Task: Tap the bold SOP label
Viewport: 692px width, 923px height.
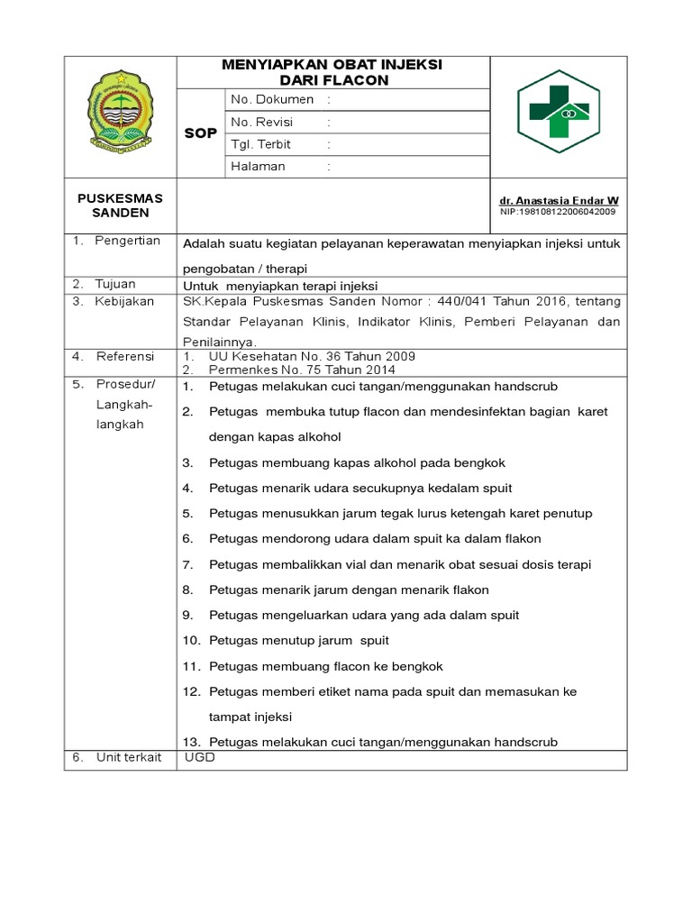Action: coord(200,133)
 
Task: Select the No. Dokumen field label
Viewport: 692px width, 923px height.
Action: coord(272,99)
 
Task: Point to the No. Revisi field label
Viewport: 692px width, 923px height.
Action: coord(262,122)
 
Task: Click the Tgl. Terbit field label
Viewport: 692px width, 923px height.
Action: coord(261,144)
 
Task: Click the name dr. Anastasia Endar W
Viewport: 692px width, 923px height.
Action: coord(559,200)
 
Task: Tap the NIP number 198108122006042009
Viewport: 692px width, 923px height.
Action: coord(558,212)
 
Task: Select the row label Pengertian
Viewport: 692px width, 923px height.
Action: coord(127,241)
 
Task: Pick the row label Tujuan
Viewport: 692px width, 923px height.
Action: coord(116,284)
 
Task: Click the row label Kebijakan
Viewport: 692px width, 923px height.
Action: coord(124,301)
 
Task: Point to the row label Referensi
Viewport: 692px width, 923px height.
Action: coord(125,357)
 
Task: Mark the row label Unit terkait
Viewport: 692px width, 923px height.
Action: coord(129,757)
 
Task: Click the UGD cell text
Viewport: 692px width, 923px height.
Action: coord(200,757)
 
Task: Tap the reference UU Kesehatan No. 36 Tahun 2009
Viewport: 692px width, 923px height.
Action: coord(312,357)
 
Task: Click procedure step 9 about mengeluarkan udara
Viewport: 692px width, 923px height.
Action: coord(364,616)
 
